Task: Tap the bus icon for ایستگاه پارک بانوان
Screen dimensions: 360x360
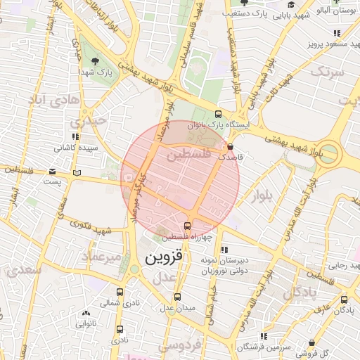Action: pos(218,114)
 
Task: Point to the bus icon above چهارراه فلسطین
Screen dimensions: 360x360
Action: pos(187,226)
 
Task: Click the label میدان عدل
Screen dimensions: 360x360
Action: pos(176,308)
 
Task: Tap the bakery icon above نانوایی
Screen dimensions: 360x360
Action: pos(86,313)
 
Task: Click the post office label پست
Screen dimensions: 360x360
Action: pos(53,181)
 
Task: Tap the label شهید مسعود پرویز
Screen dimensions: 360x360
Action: pos(330,44)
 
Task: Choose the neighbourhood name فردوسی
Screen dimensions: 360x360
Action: pos(179,346)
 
